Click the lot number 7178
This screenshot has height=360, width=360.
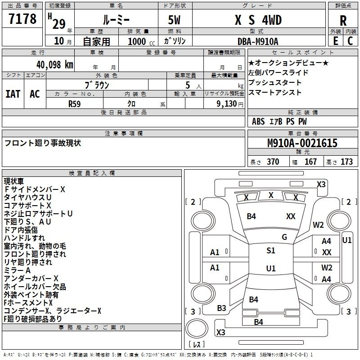tap(22, 19)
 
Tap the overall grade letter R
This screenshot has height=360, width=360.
tap(343, 21)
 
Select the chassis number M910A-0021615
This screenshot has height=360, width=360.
tap(302, 143)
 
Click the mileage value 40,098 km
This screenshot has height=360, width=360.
tap(55, 65)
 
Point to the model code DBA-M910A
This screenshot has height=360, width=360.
tap(258, 41)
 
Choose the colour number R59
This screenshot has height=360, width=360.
tap(75, 104)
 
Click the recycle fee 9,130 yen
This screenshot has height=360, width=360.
tap(230, 104)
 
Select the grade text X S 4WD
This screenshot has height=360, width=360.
tap(258, 20)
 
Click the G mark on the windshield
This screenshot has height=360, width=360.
tap(284, 237)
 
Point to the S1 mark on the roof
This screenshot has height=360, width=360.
tap(271, 251)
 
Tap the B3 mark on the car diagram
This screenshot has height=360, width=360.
tap(221, 308)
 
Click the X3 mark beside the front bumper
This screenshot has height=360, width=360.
tap(321, 184)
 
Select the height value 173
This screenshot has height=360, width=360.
tap(346, 162)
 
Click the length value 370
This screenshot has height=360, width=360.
tap(273, 162)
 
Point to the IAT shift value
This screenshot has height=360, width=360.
tap(13, 94)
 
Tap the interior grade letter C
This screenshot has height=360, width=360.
tap(350, 41)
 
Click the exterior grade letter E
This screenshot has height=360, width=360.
tap(336, 41)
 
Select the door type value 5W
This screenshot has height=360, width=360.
tap(174, 20)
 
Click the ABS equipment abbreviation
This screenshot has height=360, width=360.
tap(258, 121)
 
